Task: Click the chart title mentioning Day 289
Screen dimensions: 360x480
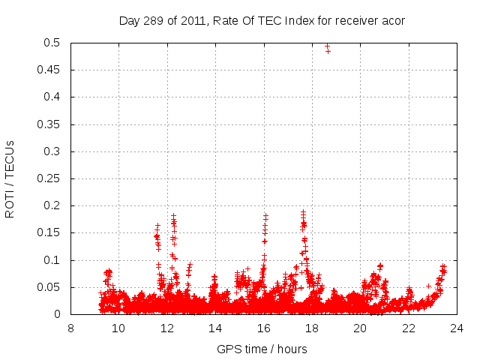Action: (262, 20)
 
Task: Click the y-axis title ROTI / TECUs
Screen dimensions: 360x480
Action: (10, 178)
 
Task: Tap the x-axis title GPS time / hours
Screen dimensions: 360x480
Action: (262, 349)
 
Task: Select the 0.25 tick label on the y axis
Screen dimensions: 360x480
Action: (52, 178)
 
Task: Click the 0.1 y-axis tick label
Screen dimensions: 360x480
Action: (55, 260)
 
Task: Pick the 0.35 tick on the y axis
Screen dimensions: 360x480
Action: (52, 124)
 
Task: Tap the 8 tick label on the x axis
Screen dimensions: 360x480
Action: (70, 328)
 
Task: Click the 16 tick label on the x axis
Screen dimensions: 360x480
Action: (263, 328)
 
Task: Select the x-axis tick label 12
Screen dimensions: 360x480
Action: (167, 328)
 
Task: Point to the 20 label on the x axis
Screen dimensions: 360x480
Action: (360, 328)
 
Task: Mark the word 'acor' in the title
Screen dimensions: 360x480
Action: (393, 20)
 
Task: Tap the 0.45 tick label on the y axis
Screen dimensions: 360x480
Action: (52, 70)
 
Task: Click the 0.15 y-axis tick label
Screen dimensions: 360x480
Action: (52, 233)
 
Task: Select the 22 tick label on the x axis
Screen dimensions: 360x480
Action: (408, 328)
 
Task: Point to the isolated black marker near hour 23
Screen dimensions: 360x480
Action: (429, 286)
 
